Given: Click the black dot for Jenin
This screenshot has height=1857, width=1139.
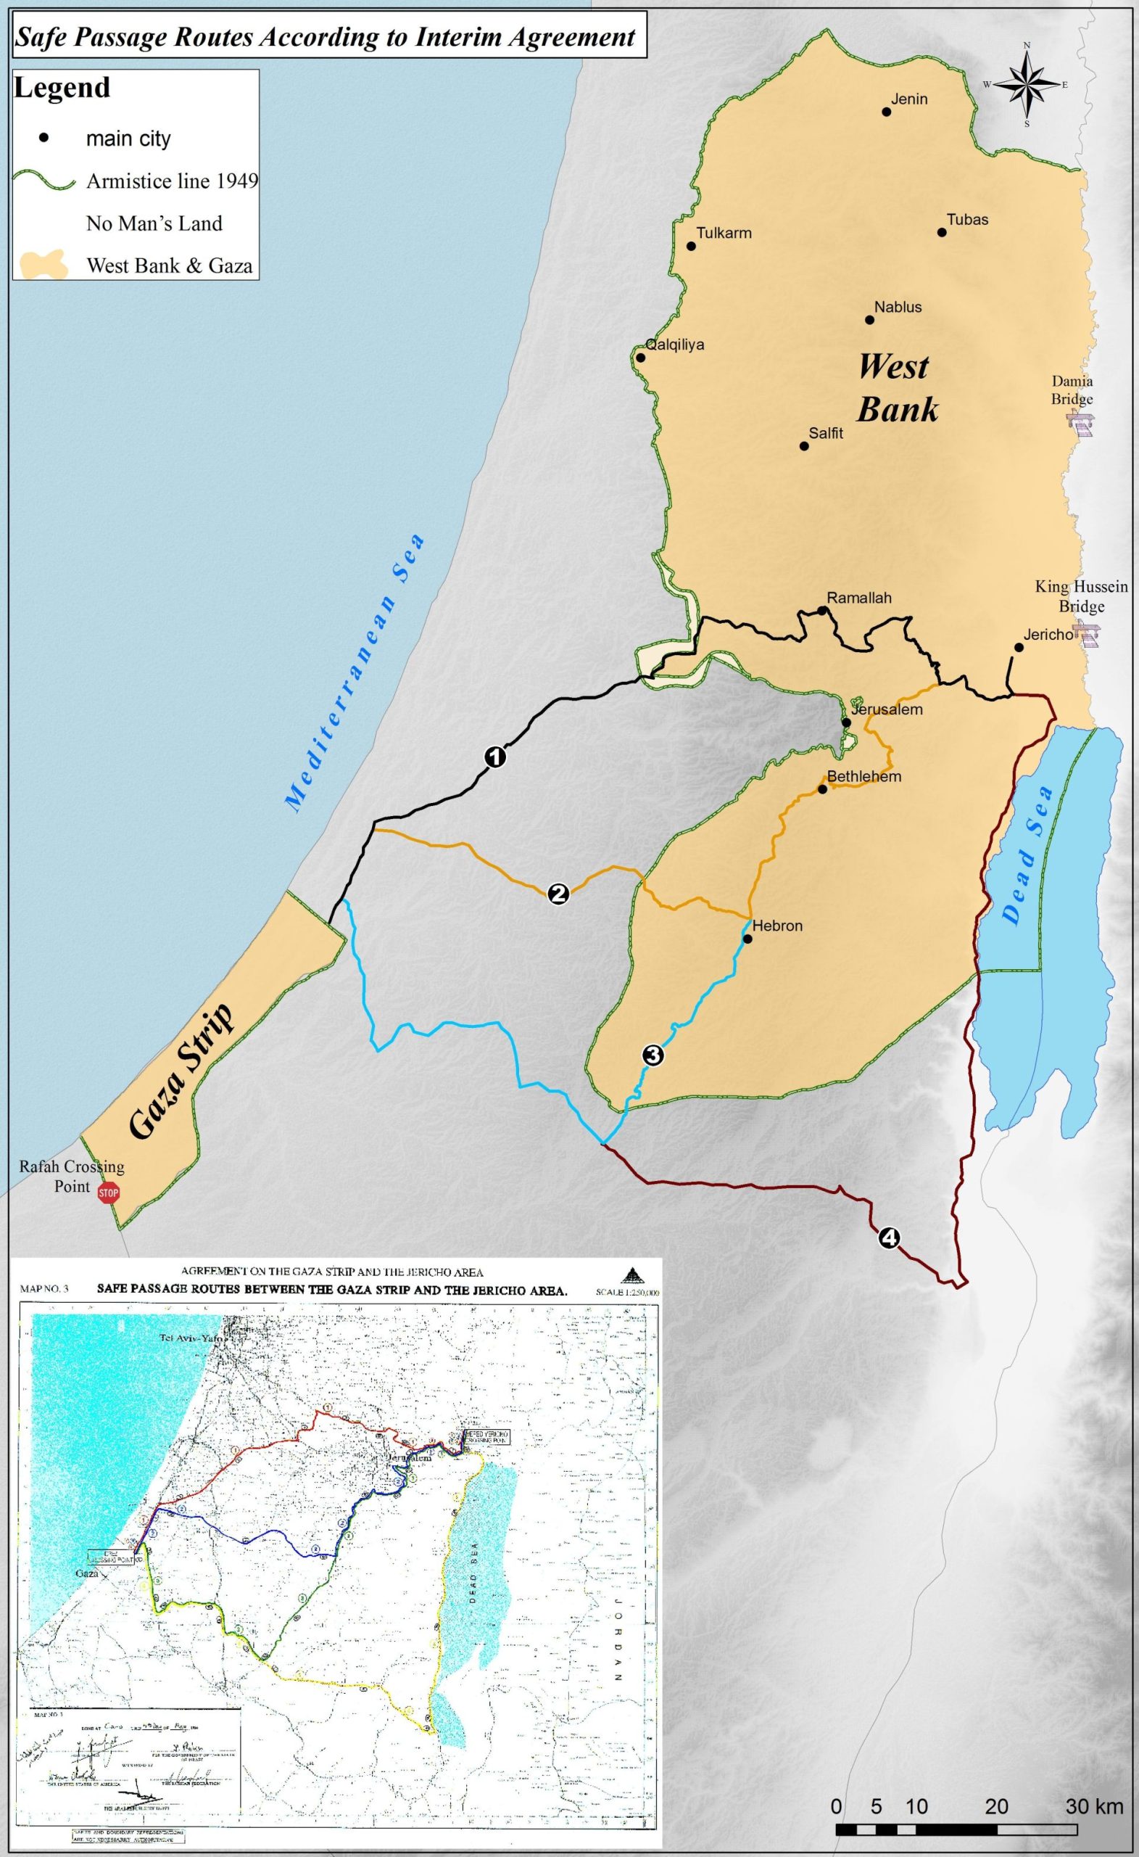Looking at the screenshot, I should (x=887, y=112).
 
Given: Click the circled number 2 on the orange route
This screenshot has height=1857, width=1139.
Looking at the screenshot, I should (x=558, y=894).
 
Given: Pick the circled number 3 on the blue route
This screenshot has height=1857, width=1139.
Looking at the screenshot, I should (x=653, y=1056).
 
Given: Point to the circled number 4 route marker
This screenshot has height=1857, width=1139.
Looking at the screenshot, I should (x=889, y=1238).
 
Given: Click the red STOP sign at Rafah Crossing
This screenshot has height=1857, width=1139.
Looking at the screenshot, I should (x=109, y=1193).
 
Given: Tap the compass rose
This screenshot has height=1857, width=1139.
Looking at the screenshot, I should (x=1026, y=84).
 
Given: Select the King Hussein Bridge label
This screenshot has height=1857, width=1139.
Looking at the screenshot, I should (x=1081, y=596).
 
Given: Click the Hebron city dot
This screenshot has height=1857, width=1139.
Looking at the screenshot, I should (x=747, y=939).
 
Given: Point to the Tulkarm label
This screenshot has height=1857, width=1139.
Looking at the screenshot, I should (x=723, y=233).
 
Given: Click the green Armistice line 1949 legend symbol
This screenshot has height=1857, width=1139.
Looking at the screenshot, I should (x=44, y=181).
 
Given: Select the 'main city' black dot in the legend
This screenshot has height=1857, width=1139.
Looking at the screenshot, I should (x=44, y=138).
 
